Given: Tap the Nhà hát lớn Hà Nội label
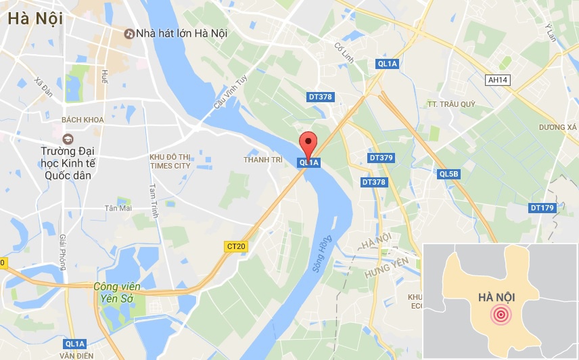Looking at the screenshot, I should point(181,33).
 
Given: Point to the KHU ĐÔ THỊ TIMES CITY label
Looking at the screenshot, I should point(170,161).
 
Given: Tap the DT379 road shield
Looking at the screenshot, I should point(381,158).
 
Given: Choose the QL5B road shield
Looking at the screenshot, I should point(448,174).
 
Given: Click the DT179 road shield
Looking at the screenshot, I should point(542,208).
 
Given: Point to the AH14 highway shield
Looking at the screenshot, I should point(498,80).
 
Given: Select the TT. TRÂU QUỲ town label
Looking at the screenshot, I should point(451,104).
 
